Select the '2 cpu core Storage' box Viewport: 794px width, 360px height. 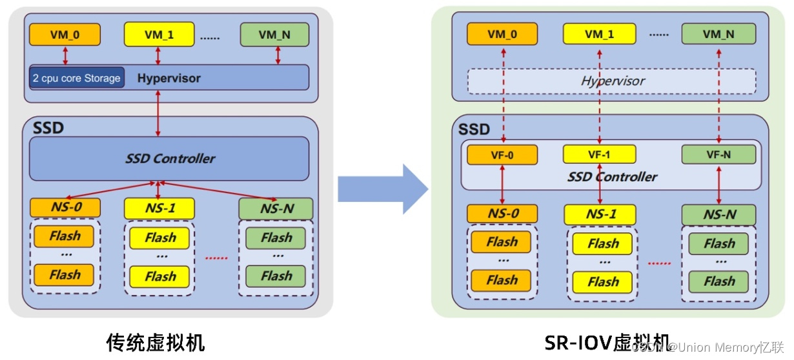[x=76, y=78]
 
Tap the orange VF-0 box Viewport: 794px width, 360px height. [x=502, y=155]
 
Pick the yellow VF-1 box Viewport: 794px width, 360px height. [x=599, y=154]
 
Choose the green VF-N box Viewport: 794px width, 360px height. [x=718, y=154]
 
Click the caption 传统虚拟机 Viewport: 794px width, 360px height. [x=155, y=342]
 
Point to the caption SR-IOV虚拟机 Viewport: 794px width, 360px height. [x=607, y=342]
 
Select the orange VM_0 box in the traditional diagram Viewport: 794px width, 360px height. [x=65, y=34]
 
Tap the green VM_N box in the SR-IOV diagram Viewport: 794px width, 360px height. [x=718, y=34]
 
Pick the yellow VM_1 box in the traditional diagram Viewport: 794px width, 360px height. [x=159, y=34]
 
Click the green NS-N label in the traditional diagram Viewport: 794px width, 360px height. [x=276, y=208]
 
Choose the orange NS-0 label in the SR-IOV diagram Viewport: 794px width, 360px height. [x=502, y=214]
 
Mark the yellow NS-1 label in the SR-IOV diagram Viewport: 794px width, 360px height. [x=600, y=214]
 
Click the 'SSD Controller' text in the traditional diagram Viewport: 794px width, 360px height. [x=170, y=158]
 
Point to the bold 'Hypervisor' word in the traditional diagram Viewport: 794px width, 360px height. [x=169, y=78]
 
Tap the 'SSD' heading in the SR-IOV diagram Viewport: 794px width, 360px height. [x=474, y=129]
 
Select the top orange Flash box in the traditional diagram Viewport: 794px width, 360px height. [x=65, y=236]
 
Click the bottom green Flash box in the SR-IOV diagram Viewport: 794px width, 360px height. [x=718, y=281]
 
